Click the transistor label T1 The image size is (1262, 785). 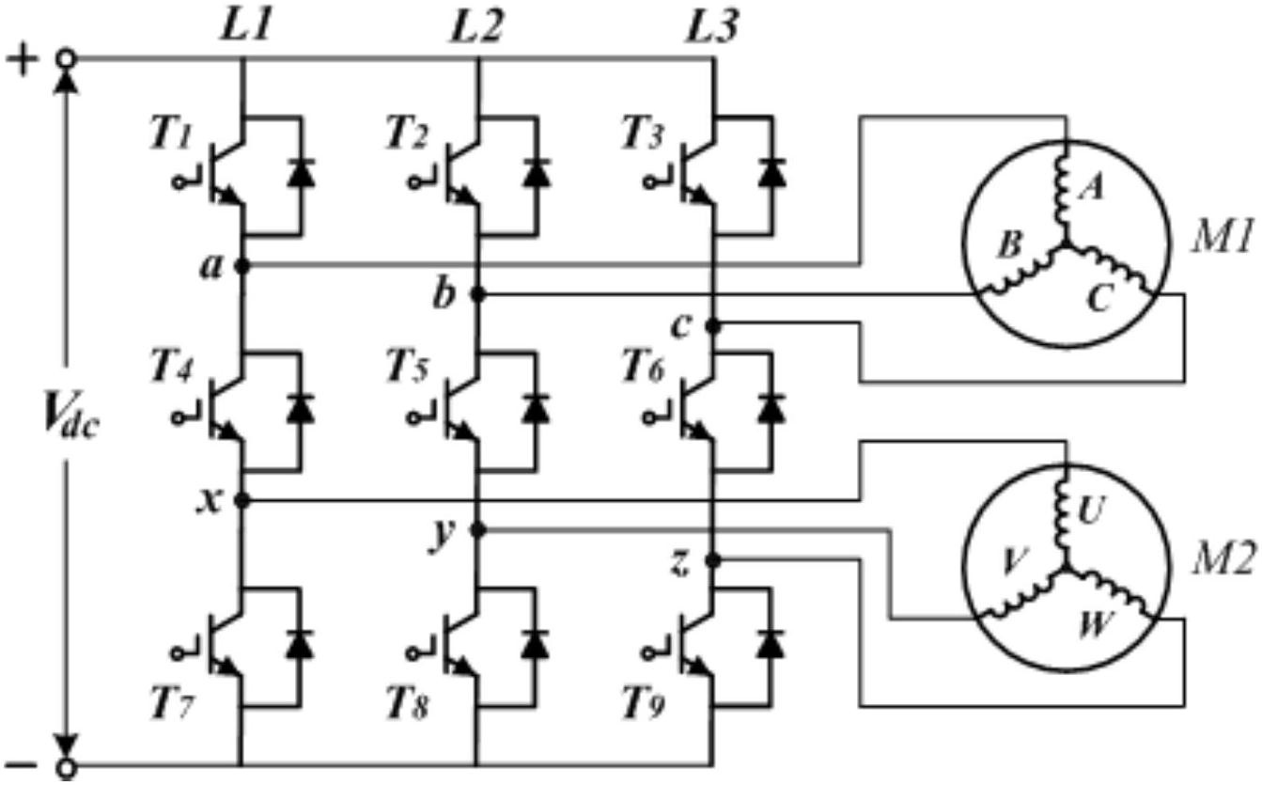[x=171, y=134]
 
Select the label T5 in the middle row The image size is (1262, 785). [x=407, y=367]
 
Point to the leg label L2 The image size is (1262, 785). [x=476, y=27]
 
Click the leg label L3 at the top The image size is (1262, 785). [x=711, y=27]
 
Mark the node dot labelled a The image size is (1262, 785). [x=241, y=265]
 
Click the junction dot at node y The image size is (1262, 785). [x=477, y=529]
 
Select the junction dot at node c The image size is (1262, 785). [x=713, y=325]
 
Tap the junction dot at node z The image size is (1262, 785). [x=713, y=560]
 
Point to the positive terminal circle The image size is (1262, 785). [x=67, y=58]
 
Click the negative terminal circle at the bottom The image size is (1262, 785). [x=67, y=767]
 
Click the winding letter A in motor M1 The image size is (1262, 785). [x=1092, y=188]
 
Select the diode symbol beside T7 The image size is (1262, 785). [x=300, y=644]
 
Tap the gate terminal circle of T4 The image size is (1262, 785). [x=178, y=418]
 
